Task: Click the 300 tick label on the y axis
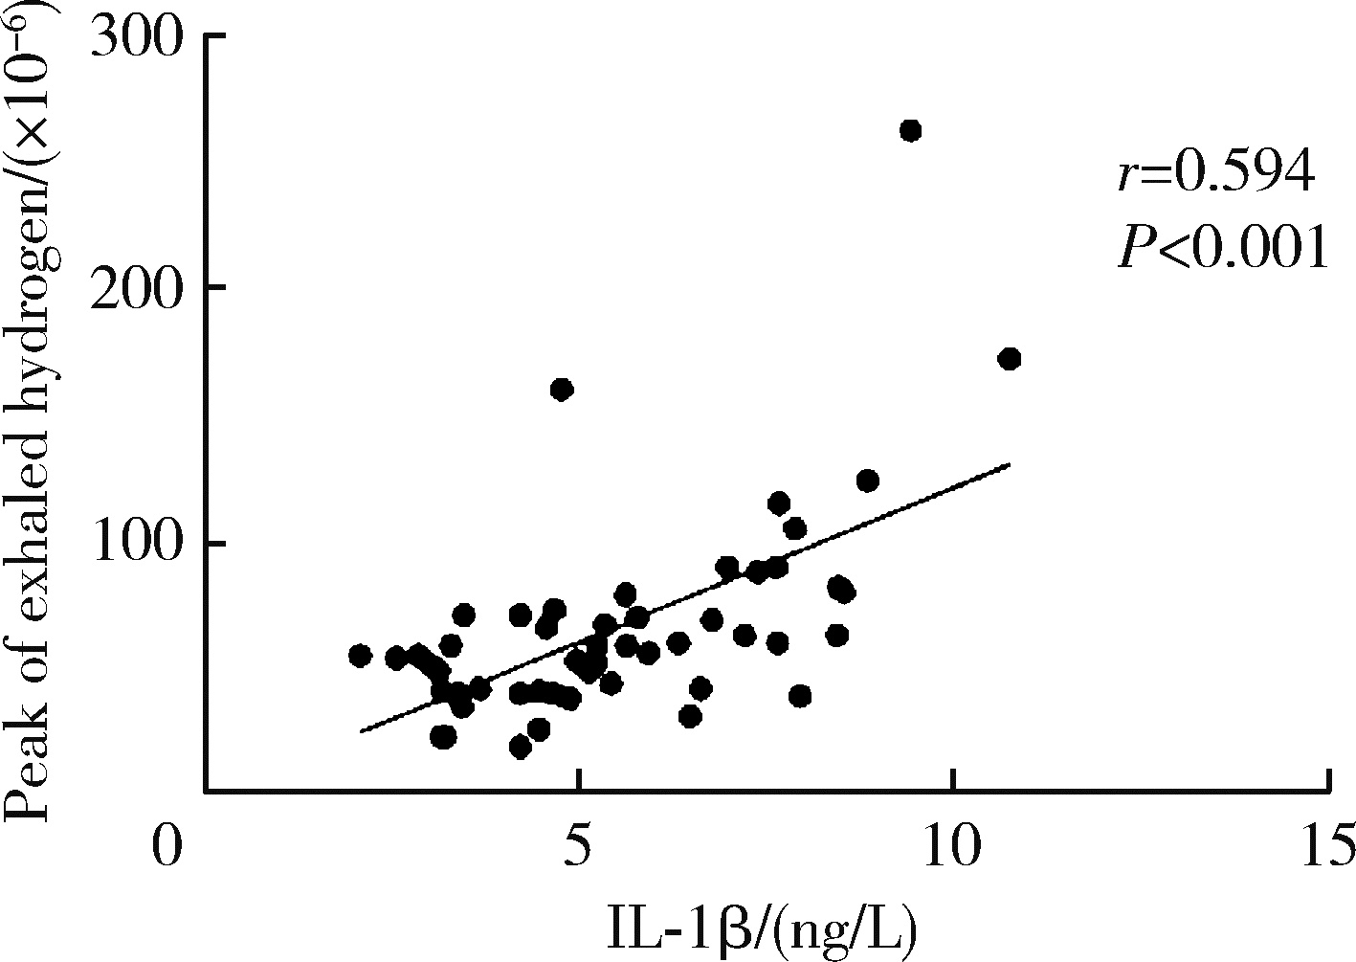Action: (135, 38)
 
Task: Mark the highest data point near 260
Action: (911, 130)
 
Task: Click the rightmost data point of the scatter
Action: (1009, 359)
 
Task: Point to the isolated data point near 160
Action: (562, 390)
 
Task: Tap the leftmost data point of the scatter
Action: (360, 656)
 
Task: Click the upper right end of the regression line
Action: (1009, 464)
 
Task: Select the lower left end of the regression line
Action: (361, 732)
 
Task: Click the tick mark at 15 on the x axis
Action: (1329, 780)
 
